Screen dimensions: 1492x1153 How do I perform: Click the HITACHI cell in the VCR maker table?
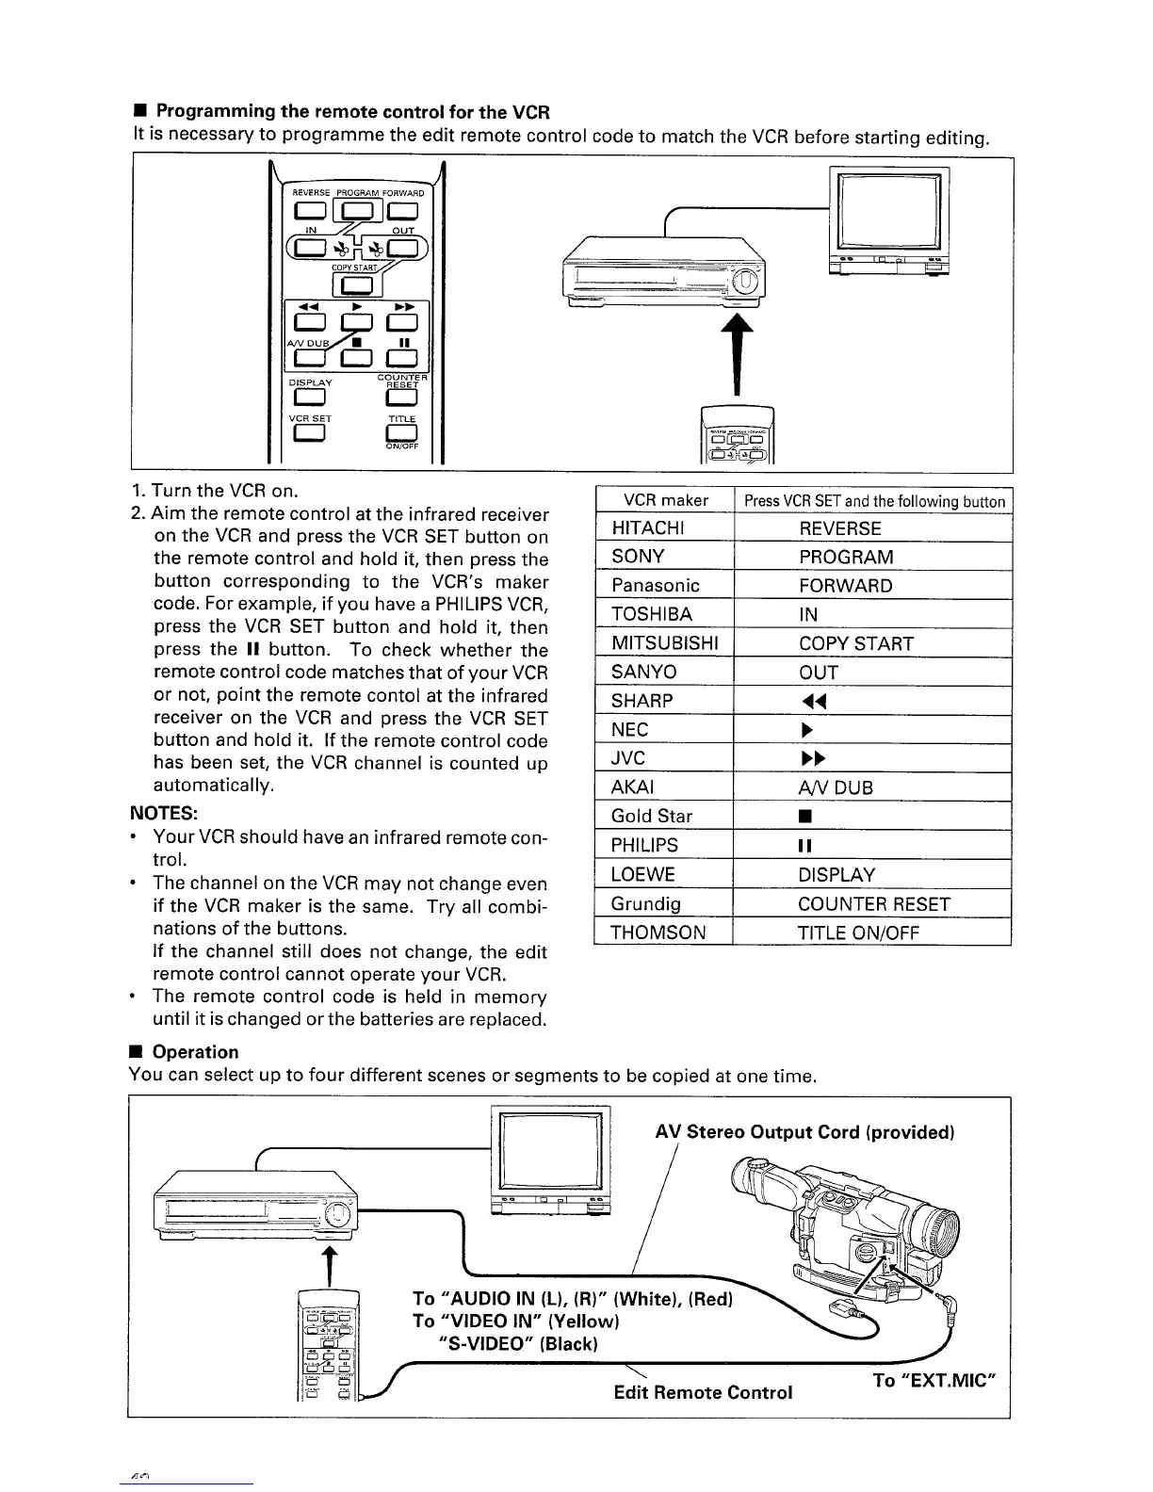click(649, 528)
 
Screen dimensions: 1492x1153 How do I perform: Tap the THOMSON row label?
click(658, 932)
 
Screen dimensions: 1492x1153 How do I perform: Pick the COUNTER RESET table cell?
click(873, 904)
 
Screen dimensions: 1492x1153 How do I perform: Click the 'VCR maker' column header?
click(666, 500)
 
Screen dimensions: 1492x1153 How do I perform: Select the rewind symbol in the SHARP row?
click(807, 702)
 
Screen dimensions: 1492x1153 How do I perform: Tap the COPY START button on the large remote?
click(354, 285)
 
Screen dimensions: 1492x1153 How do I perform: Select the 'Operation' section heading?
click(195, 1052)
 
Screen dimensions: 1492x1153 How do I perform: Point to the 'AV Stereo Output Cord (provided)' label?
click(805, 1132)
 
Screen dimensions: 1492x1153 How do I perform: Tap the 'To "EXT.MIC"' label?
click(934, 1381)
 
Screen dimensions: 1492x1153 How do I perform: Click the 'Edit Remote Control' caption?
click(703, 1392)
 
